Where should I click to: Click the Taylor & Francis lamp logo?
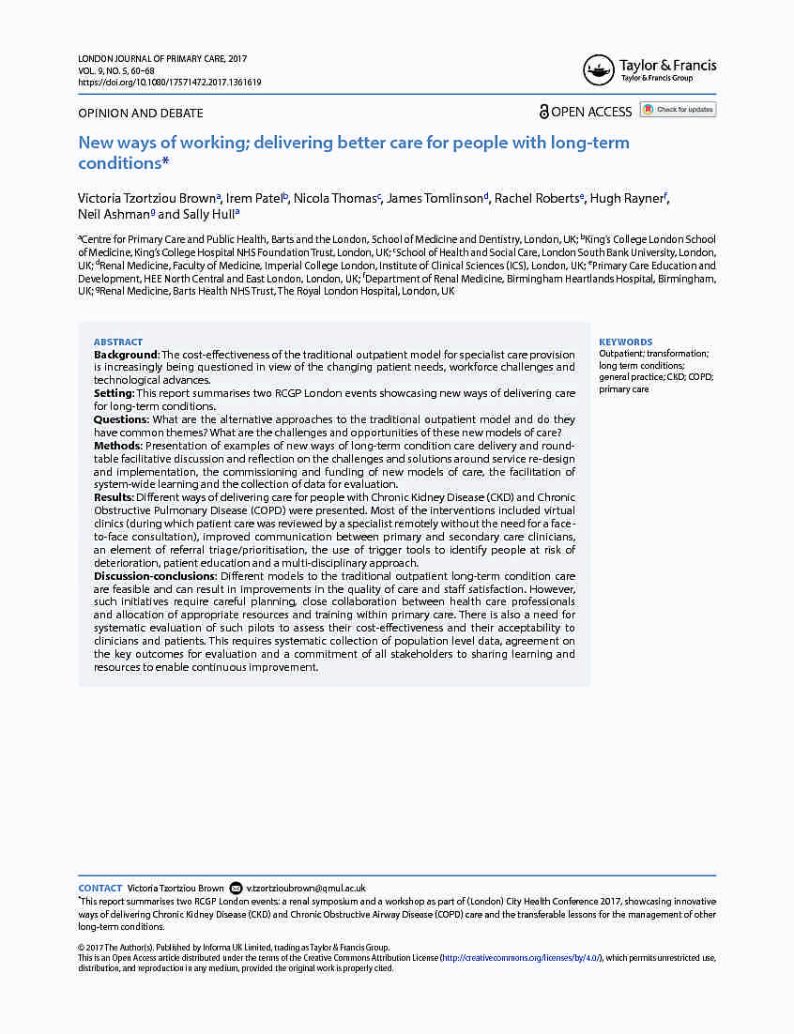[x=599, y=70]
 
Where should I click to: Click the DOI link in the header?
[x=169, y=83]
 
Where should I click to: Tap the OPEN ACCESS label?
[x=591, y=112]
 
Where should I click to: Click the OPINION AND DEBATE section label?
[x=140, y=114]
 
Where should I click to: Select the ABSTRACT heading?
[x=118, y=342]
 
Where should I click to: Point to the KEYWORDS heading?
[x=625, y=342]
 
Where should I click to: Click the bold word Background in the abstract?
[x=127, y=355]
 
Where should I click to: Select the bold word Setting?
[x=114, y=394]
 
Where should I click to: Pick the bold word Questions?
[x=121, y=419]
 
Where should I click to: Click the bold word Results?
[x=115, y=497]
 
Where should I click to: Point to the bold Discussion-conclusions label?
[x=155, y=576]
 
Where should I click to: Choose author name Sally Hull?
[x=210, y=215]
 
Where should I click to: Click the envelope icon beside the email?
[x=236, y=888]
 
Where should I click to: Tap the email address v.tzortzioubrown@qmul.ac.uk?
[x=306, y=888]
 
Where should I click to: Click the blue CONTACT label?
[x=99, y=888]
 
